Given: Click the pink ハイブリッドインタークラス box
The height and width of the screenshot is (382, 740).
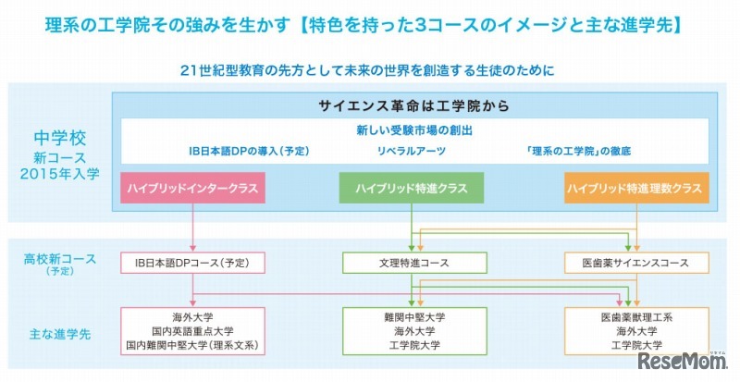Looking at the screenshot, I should click(193, 189).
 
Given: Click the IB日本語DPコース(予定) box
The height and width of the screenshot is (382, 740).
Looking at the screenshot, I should click(193, 263).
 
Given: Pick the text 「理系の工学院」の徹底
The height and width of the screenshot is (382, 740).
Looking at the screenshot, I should click(576, 151).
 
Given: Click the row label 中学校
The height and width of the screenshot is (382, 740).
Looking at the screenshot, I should click(60, 140).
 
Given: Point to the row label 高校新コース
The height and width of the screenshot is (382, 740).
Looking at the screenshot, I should click(60, 257).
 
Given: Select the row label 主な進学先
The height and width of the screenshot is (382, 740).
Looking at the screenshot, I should click(60, 330).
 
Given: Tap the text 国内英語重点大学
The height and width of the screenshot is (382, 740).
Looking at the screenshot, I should click(193, 330).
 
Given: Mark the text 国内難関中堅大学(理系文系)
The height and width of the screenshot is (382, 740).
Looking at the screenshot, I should click(193, 345).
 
